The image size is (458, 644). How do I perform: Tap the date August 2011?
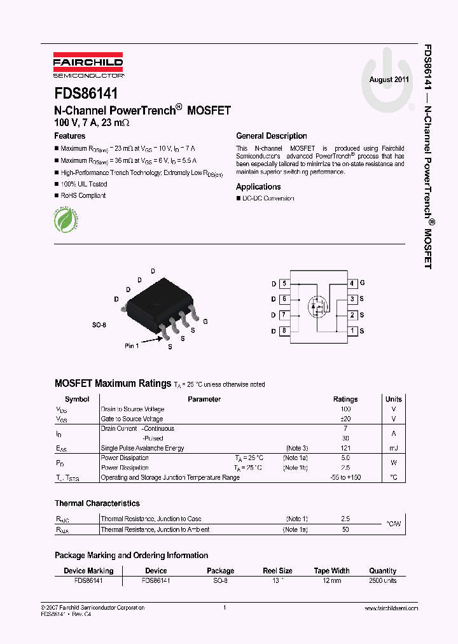pyautogui.click(x=389, y=80)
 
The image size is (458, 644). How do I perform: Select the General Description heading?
pyautogui.click(x=271, y=136)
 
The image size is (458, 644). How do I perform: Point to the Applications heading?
pyautogui.click(x=258, y=186)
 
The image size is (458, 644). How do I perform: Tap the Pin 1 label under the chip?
pyautogui.click(x=132, y=346)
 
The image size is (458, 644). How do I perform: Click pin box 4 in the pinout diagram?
pyautogui.click(x=352, y=283)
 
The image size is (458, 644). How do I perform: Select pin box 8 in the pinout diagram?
pyautogui.click(x=284, y=331)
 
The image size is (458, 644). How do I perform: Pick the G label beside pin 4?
pyautogui.click(x=362, y=283)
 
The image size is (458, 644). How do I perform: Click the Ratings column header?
pyautogui.click(x=345, y=399)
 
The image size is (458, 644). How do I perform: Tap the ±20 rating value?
pyautogui.click(x=345, y=419)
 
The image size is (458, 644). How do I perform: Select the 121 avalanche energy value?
pyautogui.click(x=345, y=448)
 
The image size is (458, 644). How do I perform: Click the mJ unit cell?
pyautogui.click(x=393, y=448)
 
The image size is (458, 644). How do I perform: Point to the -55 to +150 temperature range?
pyautogui.click(x=345, y=477)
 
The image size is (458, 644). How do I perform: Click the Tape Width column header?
pyautogui.click(x=331, y=571)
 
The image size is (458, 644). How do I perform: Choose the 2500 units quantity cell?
pyautogui.click(x=382, y=580)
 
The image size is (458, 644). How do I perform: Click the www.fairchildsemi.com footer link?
pyautogui.click(x=391, y=608)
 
